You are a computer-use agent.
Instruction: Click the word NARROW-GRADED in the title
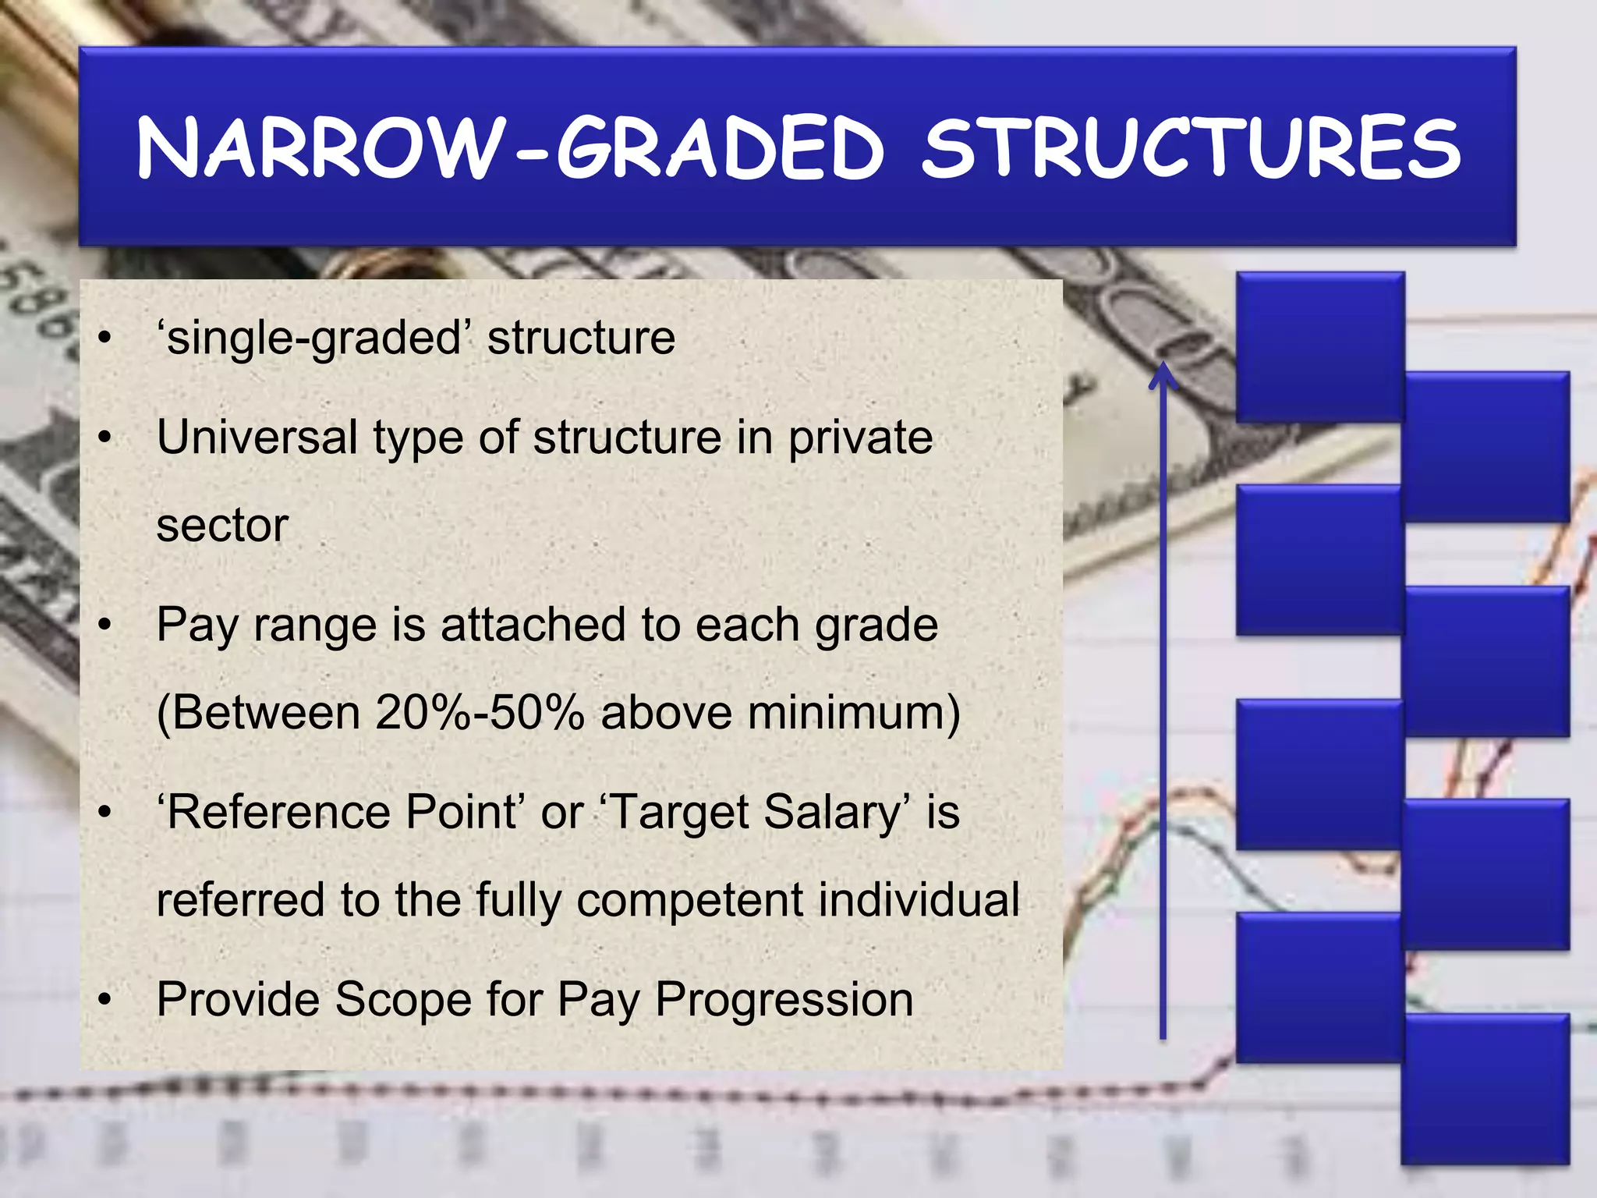tap(511, 148)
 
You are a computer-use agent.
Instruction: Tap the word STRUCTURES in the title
tap(1191, 148)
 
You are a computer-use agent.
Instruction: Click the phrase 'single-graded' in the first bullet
tap(315, 338)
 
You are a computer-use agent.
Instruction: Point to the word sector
tap(222, 525)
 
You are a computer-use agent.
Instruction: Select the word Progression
tap(784, 999)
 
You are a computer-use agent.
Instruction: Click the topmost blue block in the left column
tap(1319, 347)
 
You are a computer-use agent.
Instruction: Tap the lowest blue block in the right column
tap(1485, 1089)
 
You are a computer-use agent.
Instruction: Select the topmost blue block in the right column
tap(1486, 446)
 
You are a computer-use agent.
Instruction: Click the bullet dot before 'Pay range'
tap(105, 626)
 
